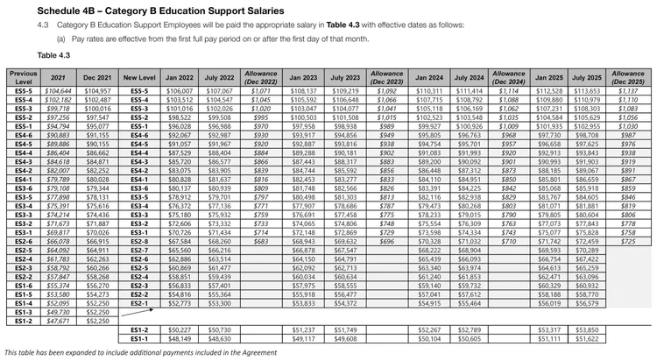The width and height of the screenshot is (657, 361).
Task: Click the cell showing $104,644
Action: coord(58,91)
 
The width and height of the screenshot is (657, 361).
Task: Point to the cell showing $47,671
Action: coord(58,321)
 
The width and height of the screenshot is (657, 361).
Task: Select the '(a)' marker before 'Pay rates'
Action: coord(61,39)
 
